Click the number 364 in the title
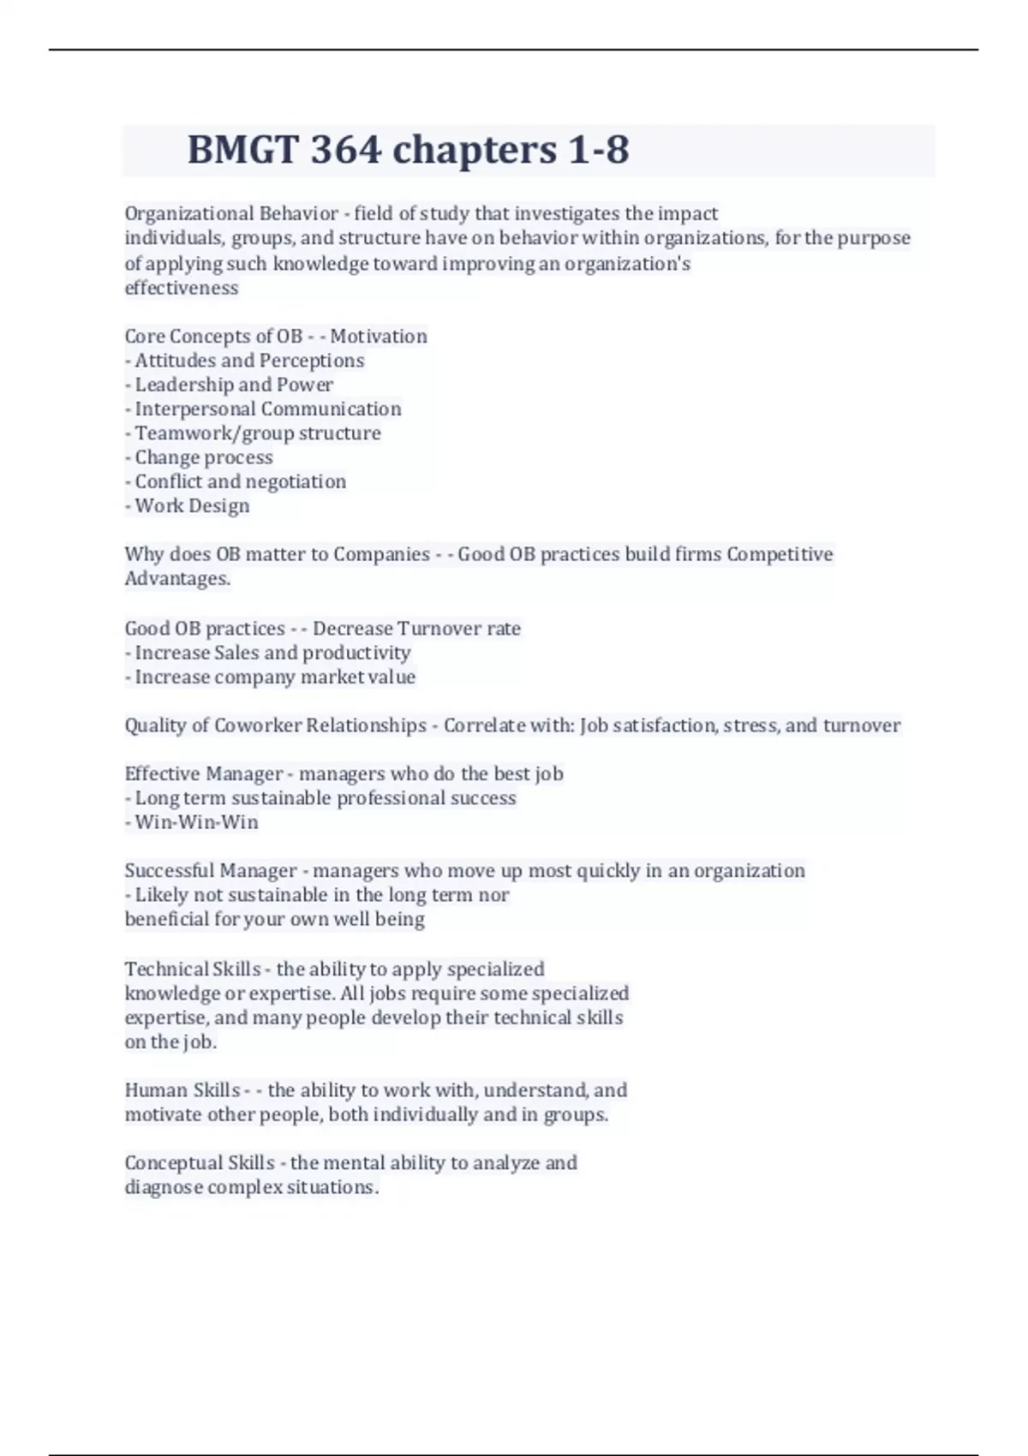(345, 150)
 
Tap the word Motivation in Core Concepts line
(379, 336)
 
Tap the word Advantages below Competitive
(177, 578)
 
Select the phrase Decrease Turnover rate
(416, 628)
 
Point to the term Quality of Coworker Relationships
(275, 725)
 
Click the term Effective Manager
(203, 773)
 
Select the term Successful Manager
(210, 871)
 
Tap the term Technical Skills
(193, 969)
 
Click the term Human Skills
(182, 1090)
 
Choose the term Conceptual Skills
(200, 1163)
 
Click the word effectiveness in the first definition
(182, 288)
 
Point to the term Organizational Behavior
(231, 213)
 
